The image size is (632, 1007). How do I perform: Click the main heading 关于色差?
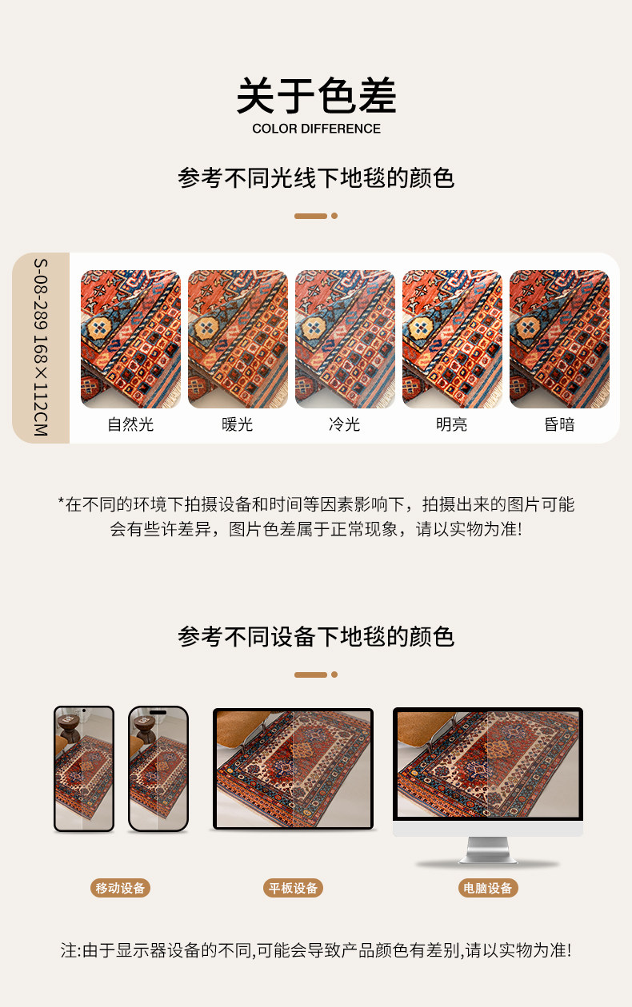[x=316, y=95]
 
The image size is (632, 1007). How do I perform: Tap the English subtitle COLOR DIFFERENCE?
[x=316, y=129]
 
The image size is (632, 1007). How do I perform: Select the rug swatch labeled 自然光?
[x=130, y=339]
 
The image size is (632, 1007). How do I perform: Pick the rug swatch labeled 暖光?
[x=238, y=339]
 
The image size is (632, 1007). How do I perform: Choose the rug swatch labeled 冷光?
[x=345, y=339]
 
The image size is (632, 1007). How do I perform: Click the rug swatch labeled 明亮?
[x=452, y=339]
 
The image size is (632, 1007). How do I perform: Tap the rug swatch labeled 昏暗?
[x=559, y=339]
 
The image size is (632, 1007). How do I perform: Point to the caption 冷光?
[x=344, y=424]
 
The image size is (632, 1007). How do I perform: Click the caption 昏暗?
[x=559, y=424]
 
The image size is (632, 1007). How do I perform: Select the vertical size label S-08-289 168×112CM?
[x=41, y=347]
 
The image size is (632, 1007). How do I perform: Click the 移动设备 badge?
[x=120, y=888]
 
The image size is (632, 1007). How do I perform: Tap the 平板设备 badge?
[x=293, y=888]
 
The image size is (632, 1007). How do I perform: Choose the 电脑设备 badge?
[x=488, y=888]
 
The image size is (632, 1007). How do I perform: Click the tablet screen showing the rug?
[x=293, y=769]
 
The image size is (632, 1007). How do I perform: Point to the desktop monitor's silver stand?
[x=488, y=850]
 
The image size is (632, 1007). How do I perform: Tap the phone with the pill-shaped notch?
[x=158, y=769]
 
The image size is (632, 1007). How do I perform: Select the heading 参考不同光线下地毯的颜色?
[x=316, y=177]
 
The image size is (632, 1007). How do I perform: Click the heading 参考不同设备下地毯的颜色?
[x=316, y=636]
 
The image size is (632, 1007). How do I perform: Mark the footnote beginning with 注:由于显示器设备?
[x=316, y=950]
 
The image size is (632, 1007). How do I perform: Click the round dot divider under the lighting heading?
[x=334, y=216]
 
